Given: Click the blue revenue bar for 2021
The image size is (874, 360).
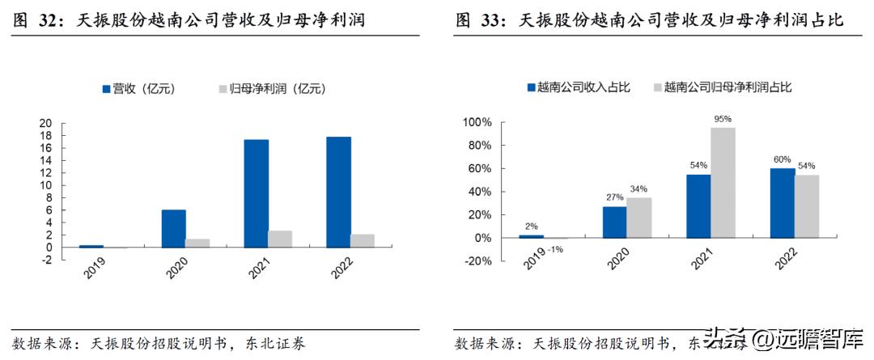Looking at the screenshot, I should click(257, 193).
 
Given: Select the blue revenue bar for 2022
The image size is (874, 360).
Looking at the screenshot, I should click(340, 192).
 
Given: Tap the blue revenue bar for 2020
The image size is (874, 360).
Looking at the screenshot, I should click(173, 228).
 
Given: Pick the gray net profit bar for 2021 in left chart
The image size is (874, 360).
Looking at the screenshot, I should click(281, 239).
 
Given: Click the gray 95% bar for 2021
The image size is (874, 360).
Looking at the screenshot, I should click(723, 183).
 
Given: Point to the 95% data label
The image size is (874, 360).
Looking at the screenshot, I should click(723, 119).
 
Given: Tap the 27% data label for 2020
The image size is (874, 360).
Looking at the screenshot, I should click(614, 197).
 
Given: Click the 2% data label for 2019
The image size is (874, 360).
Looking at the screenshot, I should click(531, 227).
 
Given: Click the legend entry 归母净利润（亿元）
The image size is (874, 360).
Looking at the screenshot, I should click(269, 89).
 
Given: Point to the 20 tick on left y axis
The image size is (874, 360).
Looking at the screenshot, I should click(46, 124).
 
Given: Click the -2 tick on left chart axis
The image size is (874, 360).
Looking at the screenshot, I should click(46, 260).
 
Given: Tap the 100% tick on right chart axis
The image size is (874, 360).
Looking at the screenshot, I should click(476, 123).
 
